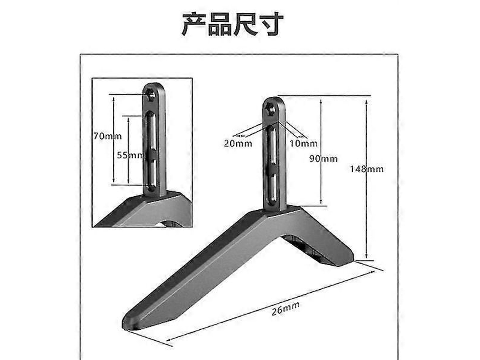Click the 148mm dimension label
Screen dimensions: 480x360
(367, 169)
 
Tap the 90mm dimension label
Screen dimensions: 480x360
(323, 159)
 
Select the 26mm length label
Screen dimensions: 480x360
(285, 308)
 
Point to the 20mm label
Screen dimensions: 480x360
(238, 143)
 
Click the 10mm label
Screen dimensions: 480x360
(303, 143)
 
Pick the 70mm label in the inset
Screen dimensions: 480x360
(107, 136)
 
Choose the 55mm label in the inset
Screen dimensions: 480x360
(131, 155)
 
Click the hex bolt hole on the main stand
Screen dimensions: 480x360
(270, 109)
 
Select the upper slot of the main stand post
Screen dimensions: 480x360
(272, 145)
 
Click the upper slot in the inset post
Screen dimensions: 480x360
(151, 130)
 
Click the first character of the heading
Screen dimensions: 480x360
(195, 24)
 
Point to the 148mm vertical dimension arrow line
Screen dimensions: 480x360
(366, 179)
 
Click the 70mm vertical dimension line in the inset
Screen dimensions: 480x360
(114, 140)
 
